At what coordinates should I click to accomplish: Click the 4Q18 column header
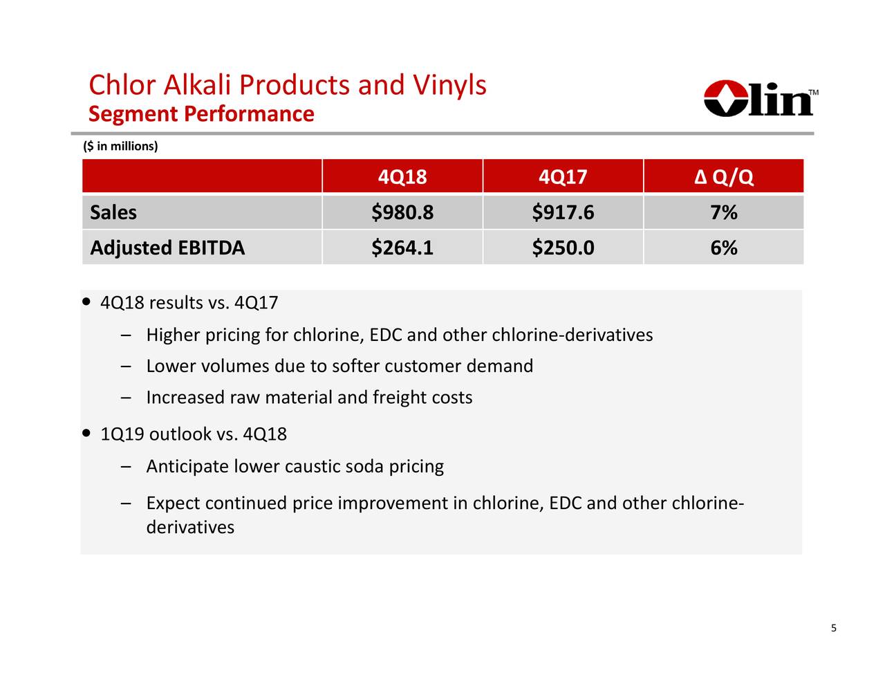(x=402, y=177)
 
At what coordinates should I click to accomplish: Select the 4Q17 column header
(x=563, y=177)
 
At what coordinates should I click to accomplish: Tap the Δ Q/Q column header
(x=723, y=177)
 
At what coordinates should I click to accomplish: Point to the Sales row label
(x=113, y=212)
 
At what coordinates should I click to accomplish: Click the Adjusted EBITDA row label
(x=167, y=248)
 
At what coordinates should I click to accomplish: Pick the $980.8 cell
(x=402, y=212)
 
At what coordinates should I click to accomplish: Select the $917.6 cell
(x=563, y=212)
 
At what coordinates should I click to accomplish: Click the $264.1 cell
(x=402, y=248)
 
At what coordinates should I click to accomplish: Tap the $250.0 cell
(x=563, y=248)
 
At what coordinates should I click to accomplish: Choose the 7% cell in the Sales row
(x=723, y=212)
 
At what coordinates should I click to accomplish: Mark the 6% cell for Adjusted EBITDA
(x=723, y=248)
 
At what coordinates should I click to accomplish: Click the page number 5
(x=833, y=628)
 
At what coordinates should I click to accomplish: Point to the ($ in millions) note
(x=120, y=146)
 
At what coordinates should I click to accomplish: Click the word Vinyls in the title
(x=449, y=85)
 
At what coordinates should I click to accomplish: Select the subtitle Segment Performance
(x=201, y=113)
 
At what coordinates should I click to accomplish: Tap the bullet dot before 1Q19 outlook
(x=86, y=434)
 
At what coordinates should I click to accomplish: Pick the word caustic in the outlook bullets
(x=313, y=467)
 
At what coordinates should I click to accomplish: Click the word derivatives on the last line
(x=190, y=528)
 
